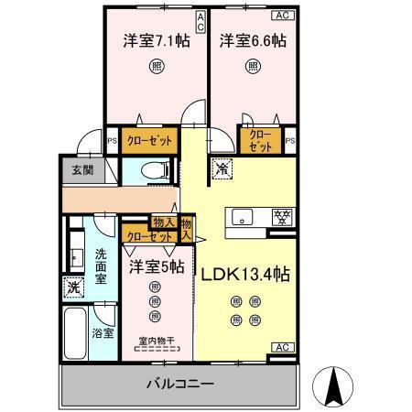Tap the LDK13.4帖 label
246,274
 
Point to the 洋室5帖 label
156,267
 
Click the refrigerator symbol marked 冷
221,168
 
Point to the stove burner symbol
283,217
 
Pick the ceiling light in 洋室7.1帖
157,65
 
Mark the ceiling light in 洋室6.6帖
251,65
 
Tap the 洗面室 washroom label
103,266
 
